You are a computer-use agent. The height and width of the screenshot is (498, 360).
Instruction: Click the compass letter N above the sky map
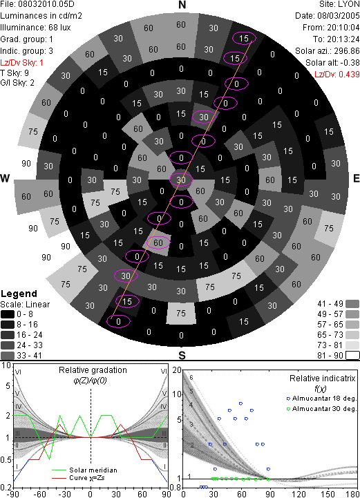(182, 5)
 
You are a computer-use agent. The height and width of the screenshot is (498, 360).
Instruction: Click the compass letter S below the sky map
(182, 355)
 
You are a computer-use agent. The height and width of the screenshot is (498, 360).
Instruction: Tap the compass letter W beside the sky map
(5, 178)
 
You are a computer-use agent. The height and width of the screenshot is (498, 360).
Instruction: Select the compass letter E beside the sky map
(356, 178)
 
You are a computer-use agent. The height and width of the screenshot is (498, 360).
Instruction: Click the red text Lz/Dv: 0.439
(337, 75)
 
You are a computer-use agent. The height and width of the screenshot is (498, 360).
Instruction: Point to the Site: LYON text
(339, 4)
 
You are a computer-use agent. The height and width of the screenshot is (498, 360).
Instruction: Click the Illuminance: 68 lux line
(35, 28)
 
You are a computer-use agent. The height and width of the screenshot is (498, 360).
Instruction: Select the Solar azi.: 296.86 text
(328, 51)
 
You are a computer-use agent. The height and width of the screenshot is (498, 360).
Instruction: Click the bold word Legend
(19, 294)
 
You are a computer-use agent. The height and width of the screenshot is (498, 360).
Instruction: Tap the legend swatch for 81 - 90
(352, 355)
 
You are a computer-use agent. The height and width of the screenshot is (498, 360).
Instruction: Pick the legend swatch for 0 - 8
(8, 314)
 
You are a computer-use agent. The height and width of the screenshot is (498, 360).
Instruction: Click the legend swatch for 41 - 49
(352, 304)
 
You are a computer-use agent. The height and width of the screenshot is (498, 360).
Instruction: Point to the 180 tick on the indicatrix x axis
(353, 494)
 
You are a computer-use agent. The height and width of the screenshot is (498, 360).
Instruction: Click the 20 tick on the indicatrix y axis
(177, 370)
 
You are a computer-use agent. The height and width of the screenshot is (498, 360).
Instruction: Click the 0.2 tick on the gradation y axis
(6, 488)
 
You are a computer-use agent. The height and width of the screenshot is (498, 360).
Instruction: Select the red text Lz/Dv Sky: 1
(21, 63)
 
